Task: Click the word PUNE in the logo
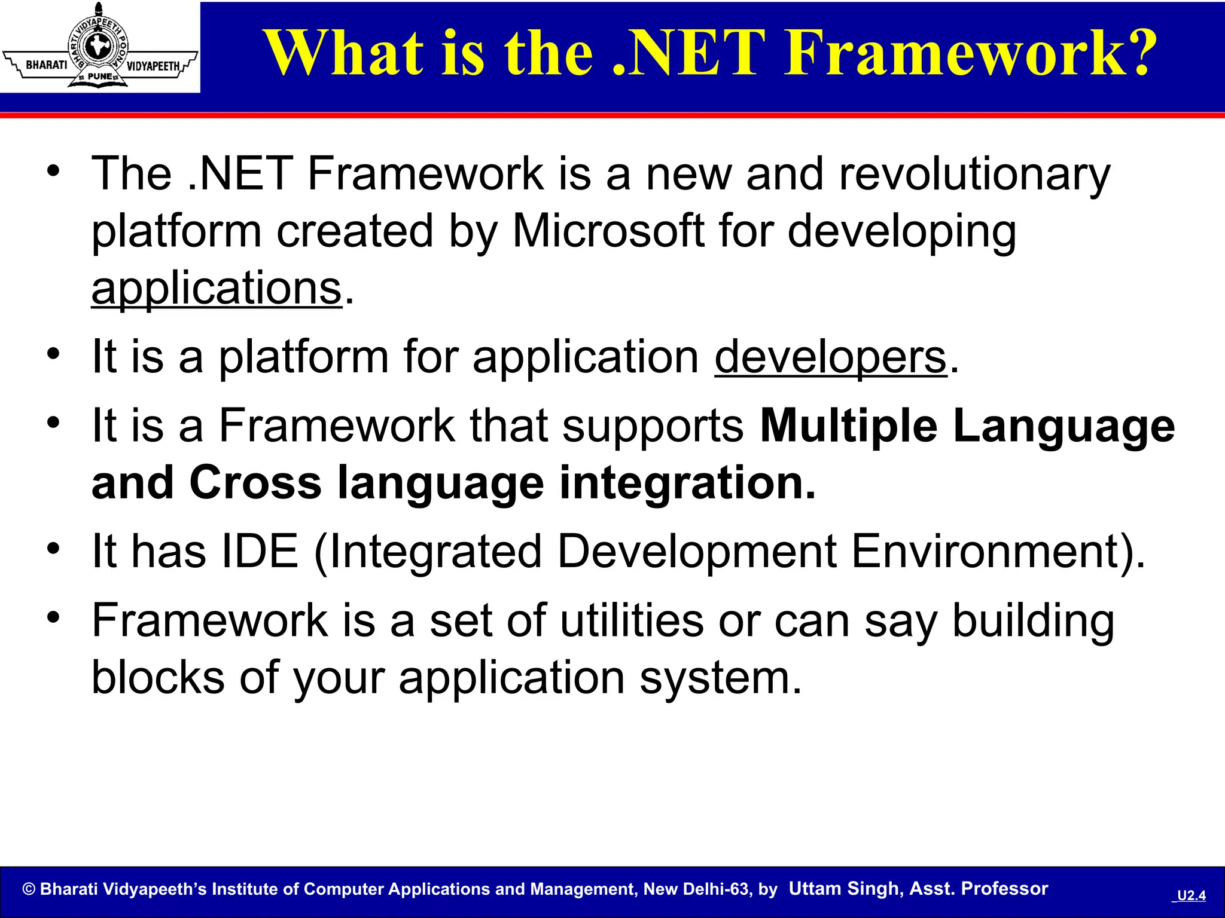point(99,76)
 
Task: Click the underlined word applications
point(216,289)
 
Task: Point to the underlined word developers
point(831,357)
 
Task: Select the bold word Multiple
point(849,426)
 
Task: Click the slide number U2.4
point(1191,895)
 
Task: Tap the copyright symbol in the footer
point(29,889)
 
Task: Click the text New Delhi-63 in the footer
point(695,889)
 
